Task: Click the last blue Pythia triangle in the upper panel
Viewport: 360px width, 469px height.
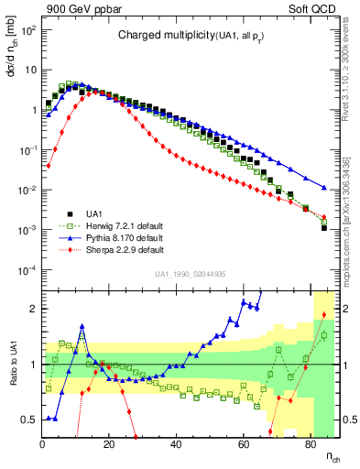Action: tap(324, 188)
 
